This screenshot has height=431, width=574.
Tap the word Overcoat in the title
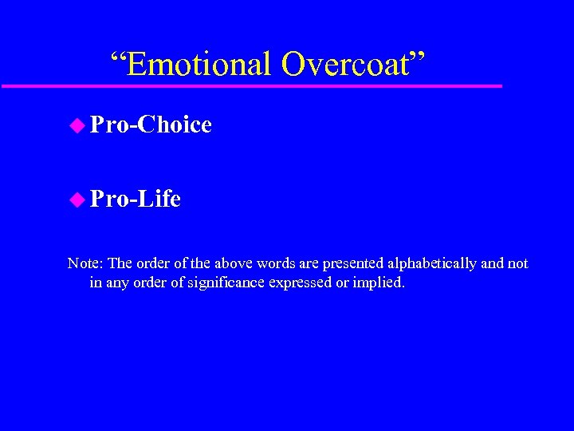[x=344, y=64]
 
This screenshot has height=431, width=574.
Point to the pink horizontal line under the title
[x=251, y=85]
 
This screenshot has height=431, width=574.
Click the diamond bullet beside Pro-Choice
[x=77, y=125]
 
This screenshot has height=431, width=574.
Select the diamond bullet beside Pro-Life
[x=77, y=198]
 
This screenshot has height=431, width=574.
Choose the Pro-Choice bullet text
[x=151, y=125]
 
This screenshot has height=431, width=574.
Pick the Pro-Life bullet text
[x=136, y=198]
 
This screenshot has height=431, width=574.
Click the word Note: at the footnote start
[x=85, y=263]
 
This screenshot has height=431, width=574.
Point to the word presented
[x=353, y=263]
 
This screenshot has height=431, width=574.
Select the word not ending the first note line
[x=518, y=263]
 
